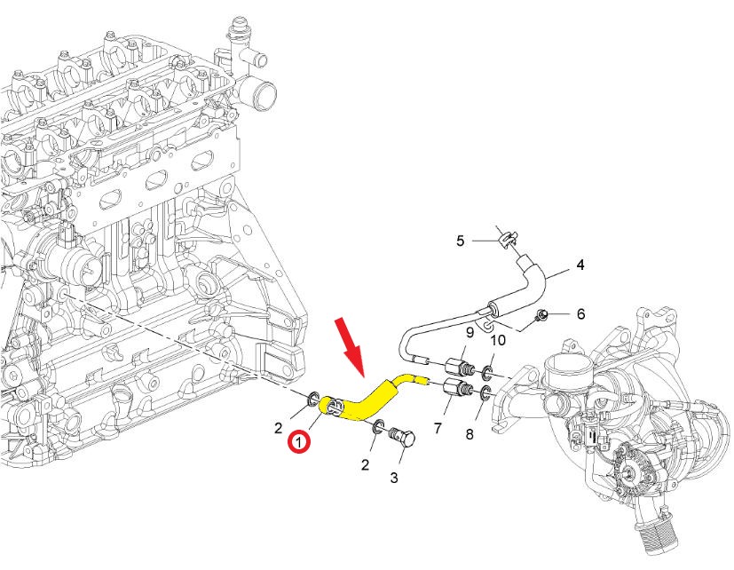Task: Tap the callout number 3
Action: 395,478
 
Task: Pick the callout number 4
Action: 580,265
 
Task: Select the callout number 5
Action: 461,241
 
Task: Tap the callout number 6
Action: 580,313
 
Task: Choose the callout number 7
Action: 437,429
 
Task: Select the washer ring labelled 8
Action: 486,393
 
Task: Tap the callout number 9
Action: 470,332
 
